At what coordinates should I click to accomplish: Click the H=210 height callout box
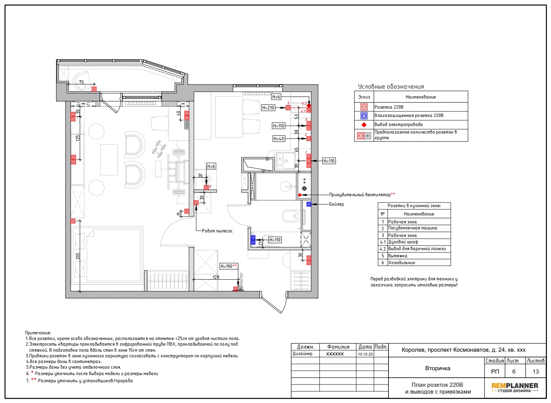coord(268,108)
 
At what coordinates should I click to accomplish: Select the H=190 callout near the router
coord(229,266)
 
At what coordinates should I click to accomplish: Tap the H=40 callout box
coord(279,139)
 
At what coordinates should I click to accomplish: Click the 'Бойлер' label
coord(336,204)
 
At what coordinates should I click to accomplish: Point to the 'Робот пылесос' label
coord(217,231)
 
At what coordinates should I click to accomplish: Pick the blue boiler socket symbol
coord(309,204)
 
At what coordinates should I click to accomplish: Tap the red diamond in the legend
coord(364,125)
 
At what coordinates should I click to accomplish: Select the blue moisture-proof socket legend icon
coord(364,116)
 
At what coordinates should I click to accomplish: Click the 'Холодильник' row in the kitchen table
coord(402,263)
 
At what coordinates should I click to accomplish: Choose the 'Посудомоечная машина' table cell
coord(413,228)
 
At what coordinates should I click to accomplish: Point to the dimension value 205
coord(78,256)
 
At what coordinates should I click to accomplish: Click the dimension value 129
coord(216,277)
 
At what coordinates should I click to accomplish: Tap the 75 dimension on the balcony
coord(81,82)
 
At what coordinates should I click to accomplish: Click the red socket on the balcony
coord(94,89)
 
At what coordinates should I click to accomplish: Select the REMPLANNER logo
coord(514,388)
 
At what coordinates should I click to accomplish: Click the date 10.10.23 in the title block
coord(365,354)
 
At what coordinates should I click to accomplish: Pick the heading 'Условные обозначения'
coord(391,87)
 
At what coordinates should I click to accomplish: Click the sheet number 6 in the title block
coord(514,371)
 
